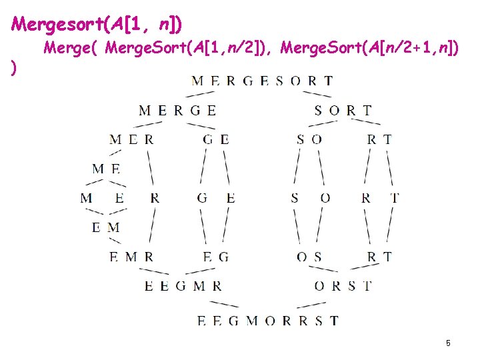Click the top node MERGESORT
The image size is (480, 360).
click(262, 81)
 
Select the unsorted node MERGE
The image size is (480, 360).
click(177, 111)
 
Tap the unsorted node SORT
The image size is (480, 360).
click(343, 111)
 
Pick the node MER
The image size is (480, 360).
click(131, 139)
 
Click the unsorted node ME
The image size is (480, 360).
click(106, 169)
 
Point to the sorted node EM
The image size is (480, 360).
click(106, 227)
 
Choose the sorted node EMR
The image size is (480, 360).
click(131, 257)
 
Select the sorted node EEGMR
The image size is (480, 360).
click(183, 286)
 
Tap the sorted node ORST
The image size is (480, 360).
click(343, 286)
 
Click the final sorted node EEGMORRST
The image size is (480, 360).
click(268, 321)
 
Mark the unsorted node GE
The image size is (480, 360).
click(216, 139)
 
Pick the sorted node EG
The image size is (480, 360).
click(216, 257)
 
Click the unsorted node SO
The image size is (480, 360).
click(309, 139)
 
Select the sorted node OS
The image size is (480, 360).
click(309, 257)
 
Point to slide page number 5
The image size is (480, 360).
click(448, 343)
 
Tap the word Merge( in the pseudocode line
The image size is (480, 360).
click(71, 48)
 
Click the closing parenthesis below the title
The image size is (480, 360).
click(14, 68)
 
